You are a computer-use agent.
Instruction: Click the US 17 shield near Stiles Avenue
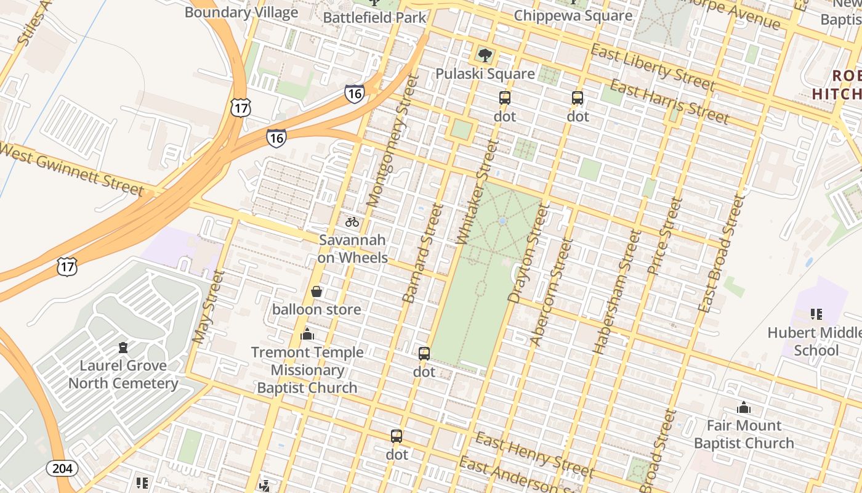pos(241,108)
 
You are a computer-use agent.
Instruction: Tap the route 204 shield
pos(62,468)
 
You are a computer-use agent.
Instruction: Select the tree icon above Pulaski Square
pos(485,55)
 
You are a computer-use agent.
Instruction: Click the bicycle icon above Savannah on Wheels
pos(352,222)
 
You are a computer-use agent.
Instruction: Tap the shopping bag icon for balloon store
pos(316,291)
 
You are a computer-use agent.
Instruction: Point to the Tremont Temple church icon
pos(307,335)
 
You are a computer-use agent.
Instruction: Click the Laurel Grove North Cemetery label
pos(123,374)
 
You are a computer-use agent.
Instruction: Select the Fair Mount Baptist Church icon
pos(744,407)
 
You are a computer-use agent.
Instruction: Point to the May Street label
pos(209,306)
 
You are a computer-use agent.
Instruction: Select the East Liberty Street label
pos(653,67)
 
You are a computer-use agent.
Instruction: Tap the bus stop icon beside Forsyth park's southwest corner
pos(424,354)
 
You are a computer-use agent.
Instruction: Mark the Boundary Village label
pos(241,12)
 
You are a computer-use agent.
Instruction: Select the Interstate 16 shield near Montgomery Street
pos(354,94)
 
